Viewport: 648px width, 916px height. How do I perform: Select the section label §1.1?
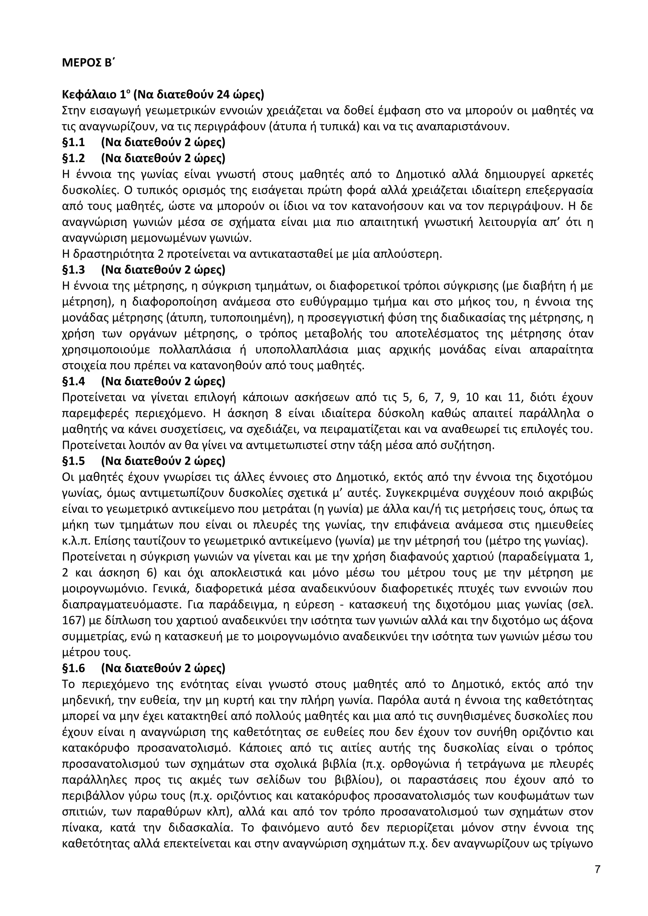click(x=73, y=143)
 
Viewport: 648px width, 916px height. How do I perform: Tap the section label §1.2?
click(x=73, y=158)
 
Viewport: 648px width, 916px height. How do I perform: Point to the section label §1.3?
click(x=73, y=270)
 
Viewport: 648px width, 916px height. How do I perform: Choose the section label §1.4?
click(x=73, y=382)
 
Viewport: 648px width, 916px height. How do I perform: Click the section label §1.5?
click(x=73, y=461)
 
